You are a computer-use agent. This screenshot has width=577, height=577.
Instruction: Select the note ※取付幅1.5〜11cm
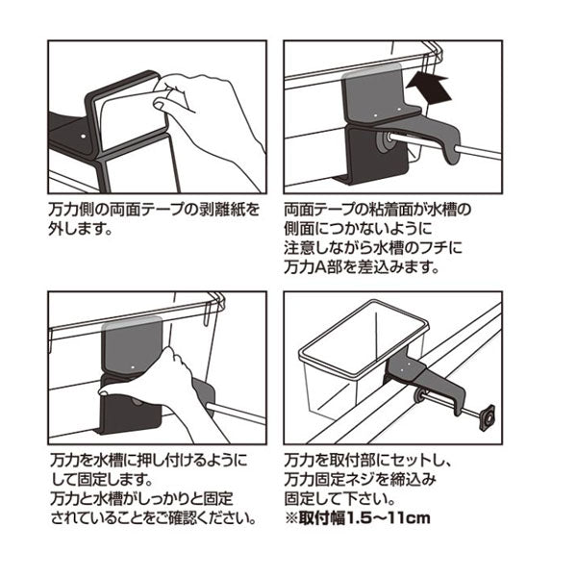tap(357, 519)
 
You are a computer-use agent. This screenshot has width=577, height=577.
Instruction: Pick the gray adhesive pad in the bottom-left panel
tap(130, 346)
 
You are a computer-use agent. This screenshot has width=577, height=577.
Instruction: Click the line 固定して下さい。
tap(333, 498)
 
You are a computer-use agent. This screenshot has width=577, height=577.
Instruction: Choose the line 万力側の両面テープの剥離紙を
tap(153, 210)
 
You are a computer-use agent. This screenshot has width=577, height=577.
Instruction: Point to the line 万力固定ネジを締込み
tap(355, 479)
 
